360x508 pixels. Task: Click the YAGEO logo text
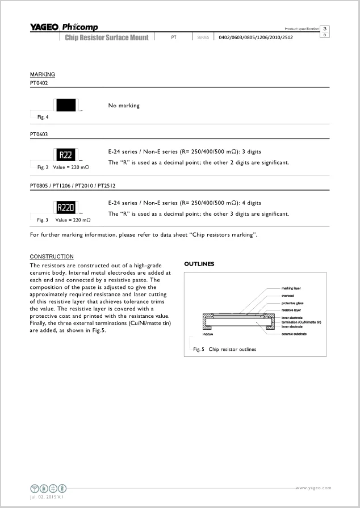[44, 27]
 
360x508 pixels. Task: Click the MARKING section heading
[43, 74]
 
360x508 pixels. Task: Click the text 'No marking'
[124, 106]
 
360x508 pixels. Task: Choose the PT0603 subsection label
[39, 135]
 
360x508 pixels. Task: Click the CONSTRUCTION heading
[52, 257]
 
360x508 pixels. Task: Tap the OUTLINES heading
[199, 264]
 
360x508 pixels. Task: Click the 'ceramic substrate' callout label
[295, 334]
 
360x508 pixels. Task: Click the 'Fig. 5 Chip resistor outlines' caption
[225, 349]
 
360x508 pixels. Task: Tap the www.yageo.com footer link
[313, 488]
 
